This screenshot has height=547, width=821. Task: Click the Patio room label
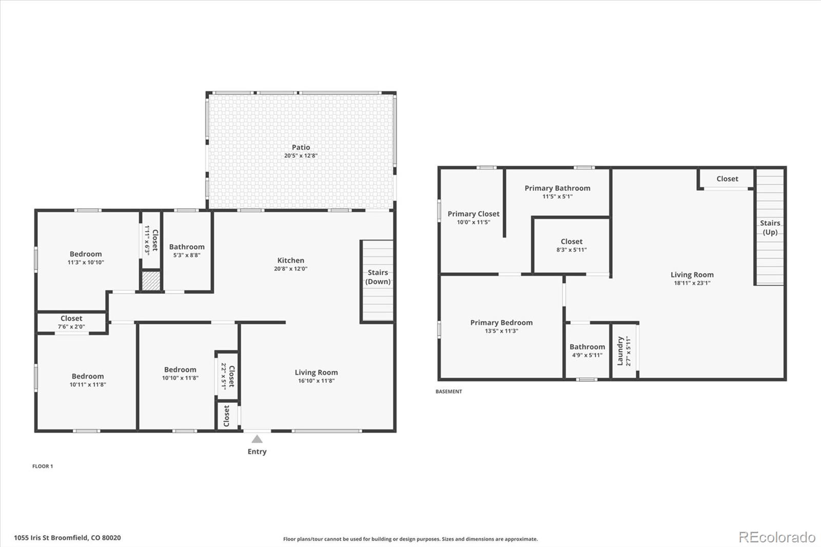click(301, 147)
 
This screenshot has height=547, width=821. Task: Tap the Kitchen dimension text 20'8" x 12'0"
click(290, 269)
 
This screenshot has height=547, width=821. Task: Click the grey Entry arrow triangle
click(257, 439)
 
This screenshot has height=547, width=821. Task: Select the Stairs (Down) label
click(378, 277)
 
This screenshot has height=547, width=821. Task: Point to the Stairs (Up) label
click(770, 227)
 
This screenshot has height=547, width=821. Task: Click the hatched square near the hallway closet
click(151, 281)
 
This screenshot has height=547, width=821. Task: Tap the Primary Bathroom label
click(557, 188)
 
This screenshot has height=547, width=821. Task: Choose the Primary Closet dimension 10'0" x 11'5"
click(473, 222)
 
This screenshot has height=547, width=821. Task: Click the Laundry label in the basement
click(620, 351)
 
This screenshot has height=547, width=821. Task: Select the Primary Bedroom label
click(501, 323)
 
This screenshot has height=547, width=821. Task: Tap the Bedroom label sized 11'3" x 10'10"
click(86, 254)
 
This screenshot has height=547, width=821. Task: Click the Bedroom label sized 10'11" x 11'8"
click(88, 376)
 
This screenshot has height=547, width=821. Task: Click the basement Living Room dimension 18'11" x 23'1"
click(692, 283)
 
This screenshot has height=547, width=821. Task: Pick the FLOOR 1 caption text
click(43, 466)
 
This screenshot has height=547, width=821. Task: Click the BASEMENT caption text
click(448, 392)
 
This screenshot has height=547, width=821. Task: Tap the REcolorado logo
click(776, 537)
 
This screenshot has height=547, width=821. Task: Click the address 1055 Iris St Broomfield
click(67, 538)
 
